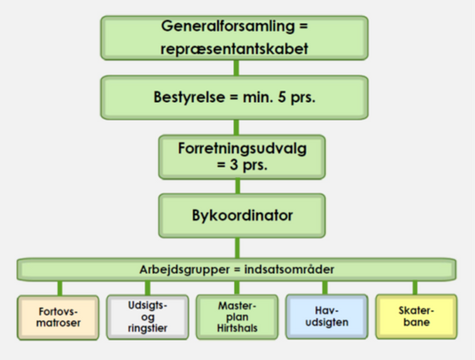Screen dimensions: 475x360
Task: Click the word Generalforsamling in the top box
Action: pyautogui.click(x=228, y=27)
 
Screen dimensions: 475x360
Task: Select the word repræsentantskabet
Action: pyautogui.click(x=234, y=49)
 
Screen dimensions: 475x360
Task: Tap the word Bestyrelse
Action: pyautogui.click(x=190, y=98)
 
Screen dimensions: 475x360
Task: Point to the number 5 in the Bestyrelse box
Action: pyautogui.click(x=282, y=97)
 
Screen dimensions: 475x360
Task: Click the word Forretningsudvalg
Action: pyautogui.click(x=242, y=149)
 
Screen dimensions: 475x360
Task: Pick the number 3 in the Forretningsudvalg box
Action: pyautogui.click(x=234, y=165)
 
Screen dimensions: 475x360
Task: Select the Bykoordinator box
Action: pyautogui.click(x=242, y=215)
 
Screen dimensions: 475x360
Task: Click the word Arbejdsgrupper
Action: pyautogui.click(x=184, y=270)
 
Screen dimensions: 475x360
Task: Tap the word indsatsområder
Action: pyautogui.click(x=289, y=269)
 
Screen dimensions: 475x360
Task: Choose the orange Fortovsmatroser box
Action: pyautogui.click(x=58, y=317)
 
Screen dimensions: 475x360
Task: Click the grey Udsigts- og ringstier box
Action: pyautogui.click(x=147, y=317)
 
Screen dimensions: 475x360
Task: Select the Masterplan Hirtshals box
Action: pyautogui.click(x=237, y=317)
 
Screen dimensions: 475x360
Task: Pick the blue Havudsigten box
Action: pyautogui.click(x=327, y=317)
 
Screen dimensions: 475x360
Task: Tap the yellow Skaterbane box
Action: pyautogui.click(x=417, y=317)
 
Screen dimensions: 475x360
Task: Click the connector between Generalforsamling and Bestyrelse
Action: pyautogui.click(x=237, y=68)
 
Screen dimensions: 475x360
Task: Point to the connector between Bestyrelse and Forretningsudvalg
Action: pyautogui.click(x=237, y=128)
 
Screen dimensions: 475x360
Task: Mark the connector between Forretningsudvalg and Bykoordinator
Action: pyautogui.click(x=237, y=186)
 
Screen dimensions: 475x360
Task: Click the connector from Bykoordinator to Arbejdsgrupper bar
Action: pyautogui.click(x=237, y=248)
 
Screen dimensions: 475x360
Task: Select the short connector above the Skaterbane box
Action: pyautogui.click(x=415, y=287)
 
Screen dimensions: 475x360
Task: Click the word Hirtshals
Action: pyautogui.click(x=237, y=328)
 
